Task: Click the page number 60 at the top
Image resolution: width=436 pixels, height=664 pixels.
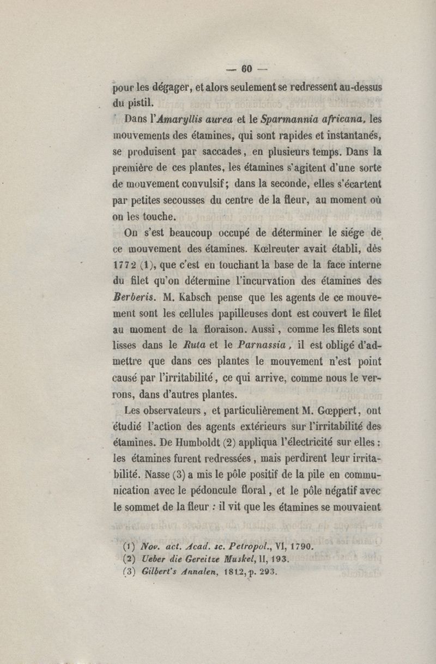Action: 246,69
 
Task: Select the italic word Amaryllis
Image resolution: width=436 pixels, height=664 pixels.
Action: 174,118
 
